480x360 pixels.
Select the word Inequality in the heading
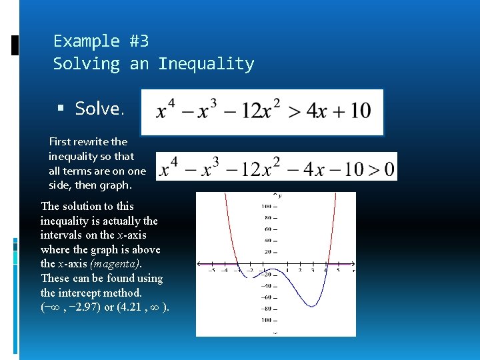(206, 64)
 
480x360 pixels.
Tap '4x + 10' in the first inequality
(339, 111)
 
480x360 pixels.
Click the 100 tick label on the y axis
(265, 205)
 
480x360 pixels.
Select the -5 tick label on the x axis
(211, 271)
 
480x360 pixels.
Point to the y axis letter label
(280, 195)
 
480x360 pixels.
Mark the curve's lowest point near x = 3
(311, 306)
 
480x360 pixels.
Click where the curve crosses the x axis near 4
(327, 264)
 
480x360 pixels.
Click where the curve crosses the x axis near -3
(238, 264)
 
